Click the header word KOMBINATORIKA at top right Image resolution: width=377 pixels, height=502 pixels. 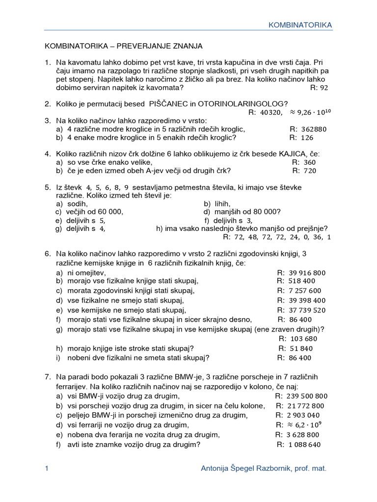pos(300,25)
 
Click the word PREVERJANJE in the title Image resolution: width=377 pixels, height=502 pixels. pos(146,46)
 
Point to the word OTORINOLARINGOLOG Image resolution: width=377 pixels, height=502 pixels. pos(250,103)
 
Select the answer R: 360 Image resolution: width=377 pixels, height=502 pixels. pos(304,162)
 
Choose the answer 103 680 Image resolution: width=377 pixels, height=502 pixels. pos(304,339)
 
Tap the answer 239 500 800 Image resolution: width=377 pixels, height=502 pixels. pos(308,396)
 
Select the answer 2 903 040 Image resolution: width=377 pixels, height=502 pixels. pos(306,415)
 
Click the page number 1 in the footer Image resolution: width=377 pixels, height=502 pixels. pos(46,469)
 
